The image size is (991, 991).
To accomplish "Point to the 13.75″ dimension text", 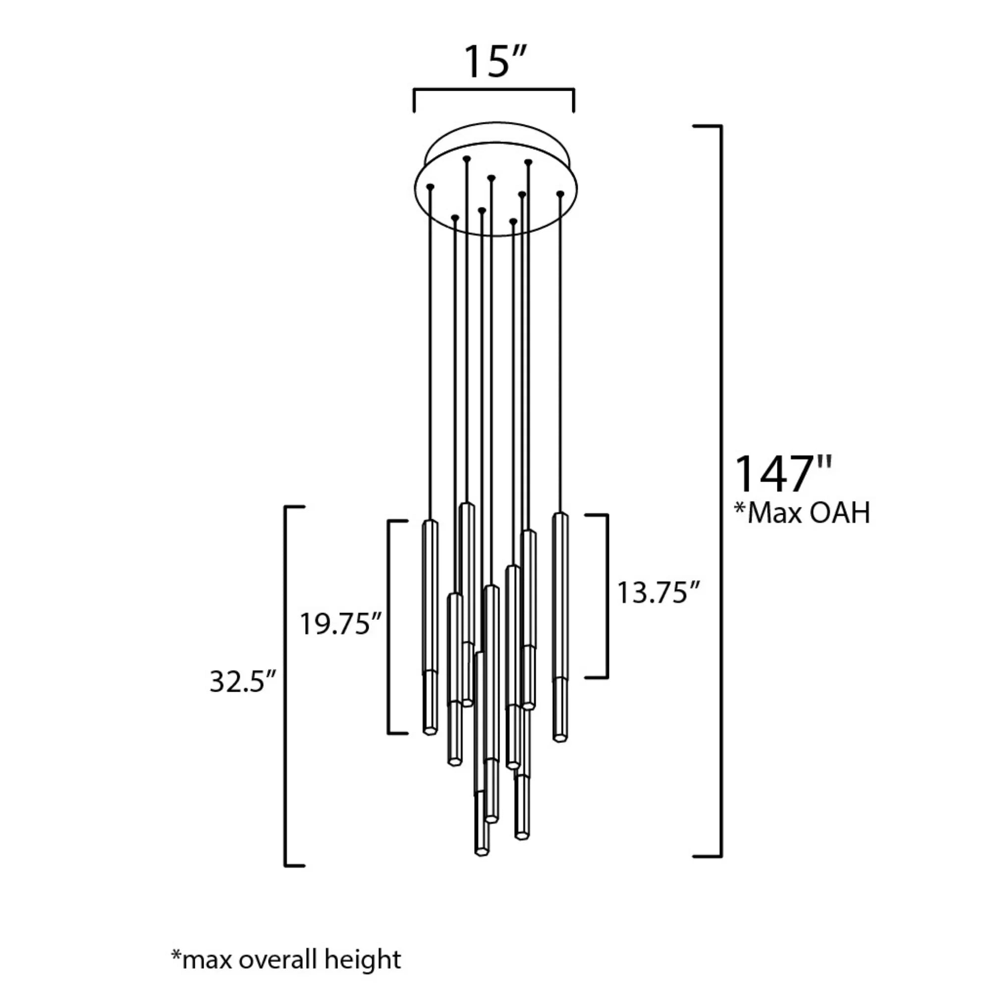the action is pos(658,593).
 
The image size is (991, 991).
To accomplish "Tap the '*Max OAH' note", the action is pos(802,512).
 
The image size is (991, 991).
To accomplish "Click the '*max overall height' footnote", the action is pos(286,916).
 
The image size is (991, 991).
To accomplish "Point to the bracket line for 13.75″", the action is pos(607,596).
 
